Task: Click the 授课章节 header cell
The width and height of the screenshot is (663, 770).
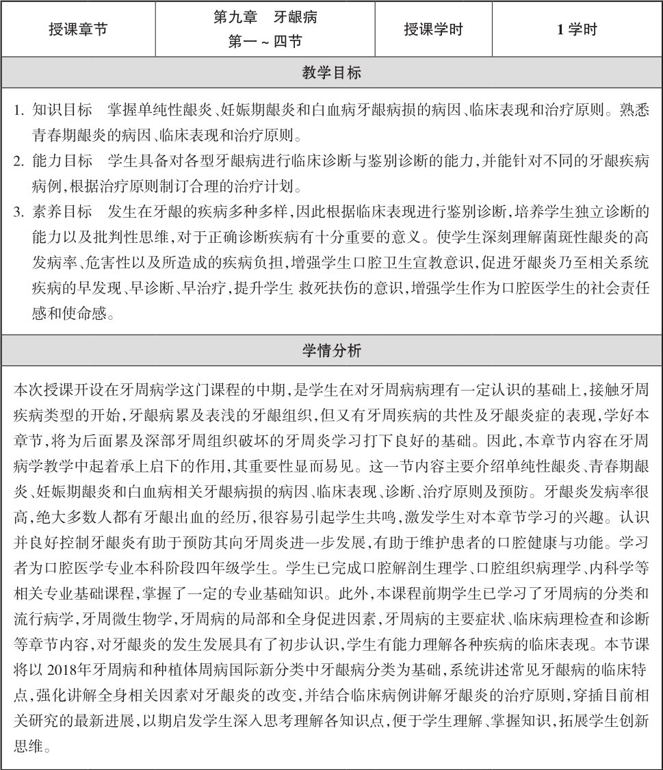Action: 78,29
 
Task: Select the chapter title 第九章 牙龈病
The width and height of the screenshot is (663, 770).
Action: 265,18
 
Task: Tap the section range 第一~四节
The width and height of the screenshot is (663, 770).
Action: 265,42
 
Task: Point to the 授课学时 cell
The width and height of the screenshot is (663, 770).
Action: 433,29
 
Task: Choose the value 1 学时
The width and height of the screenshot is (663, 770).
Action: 577,29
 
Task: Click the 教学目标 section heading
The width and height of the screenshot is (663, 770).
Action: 331,73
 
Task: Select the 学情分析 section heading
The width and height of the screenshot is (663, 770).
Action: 331,351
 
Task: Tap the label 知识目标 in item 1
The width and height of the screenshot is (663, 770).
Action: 62,110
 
